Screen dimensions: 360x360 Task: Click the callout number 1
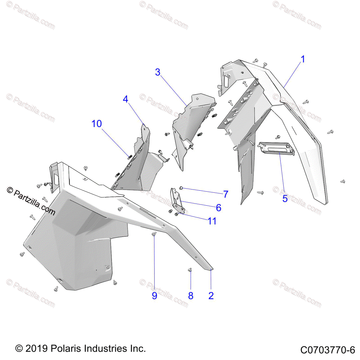303,59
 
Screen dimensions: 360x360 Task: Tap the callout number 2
211,295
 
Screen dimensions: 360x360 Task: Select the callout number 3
158,72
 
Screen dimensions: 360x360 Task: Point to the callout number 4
125,99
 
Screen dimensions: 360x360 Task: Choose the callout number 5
285,198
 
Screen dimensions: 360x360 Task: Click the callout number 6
218,208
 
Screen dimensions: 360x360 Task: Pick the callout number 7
226,194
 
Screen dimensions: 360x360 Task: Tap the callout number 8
191,296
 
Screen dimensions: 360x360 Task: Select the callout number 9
154,296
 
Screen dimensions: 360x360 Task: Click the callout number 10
97,124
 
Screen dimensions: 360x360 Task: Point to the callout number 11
212,221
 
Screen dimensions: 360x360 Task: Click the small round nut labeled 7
181,188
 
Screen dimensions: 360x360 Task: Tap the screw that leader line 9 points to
154,234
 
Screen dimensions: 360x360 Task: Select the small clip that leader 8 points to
190,270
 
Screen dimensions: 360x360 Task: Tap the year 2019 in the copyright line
37,349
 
